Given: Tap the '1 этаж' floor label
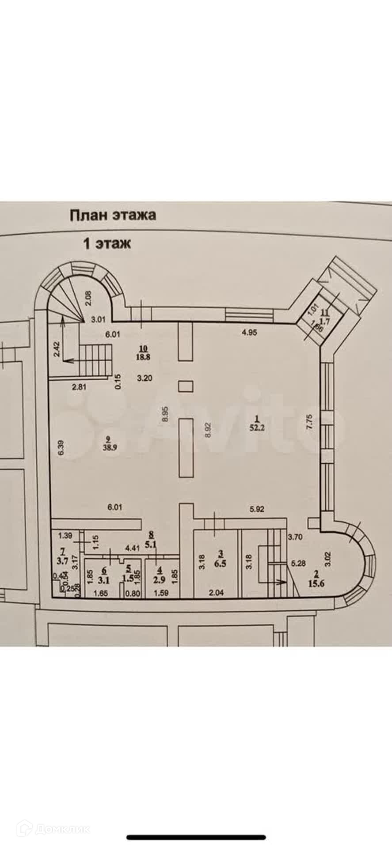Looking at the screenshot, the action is [107, 243].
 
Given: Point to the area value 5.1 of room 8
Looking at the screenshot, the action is [151, 545].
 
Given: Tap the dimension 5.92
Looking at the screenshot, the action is [257, 508].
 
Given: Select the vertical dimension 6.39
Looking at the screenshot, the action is [61, 447].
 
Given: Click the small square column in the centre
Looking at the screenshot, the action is [186, 386].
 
